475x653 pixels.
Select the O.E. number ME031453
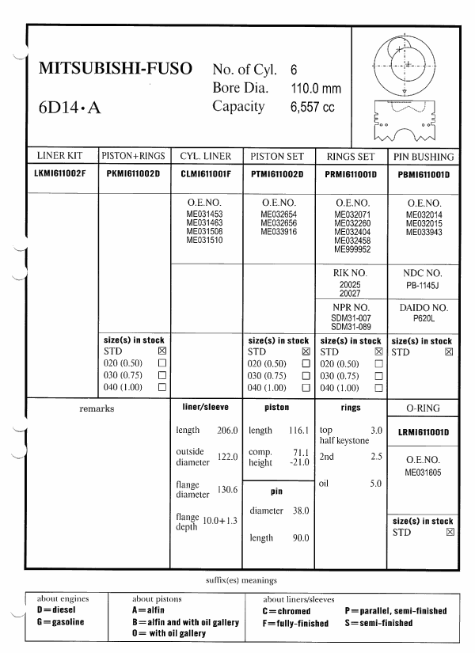coord(205,215)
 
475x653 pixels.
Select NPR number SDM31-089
coord(354,327)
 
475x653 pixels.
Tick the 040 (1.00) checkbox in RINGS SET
coord(378,387)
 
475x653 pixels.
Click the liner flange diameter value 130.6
coord(227,490)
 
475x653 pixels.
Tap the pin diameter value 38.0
coord(299,511)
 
